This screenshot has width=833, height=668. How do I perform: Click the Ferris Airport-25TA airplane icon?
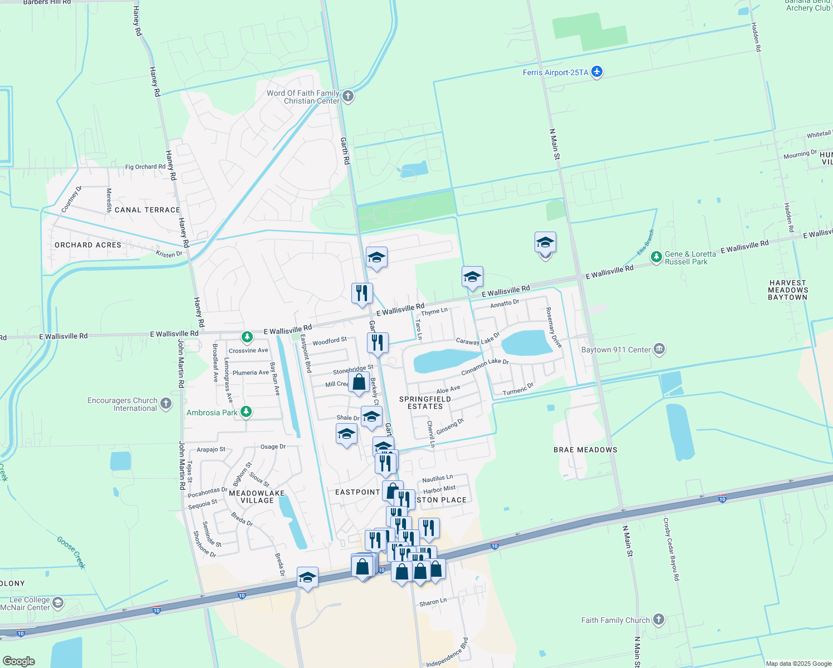tap(597, 72)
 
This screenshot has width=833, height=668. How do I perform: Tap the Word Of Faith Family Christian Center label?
tap(303, 97)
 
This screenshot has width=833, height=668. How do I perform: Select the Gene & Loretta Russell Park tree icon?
tap(656, 257)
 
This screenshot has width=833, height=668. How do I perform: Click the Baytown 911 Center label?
tap(616, 350)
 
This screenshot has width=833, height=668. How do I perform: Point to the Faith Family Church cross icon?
tap(659, 620)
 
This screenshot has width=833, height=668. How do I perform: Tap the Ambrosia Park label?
tap(212, 412)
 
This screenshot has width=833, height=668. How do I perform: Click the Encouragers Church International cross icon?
tap(166, 404)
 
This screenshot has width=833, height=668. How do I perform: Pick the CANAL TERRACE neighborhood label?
tap(147, 210)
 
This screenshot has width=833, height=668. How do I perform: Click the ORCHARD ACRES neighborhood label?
tap(88, 245)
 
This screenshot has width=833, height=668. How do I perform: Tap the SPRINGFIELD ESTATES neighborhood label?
tap(425, 402)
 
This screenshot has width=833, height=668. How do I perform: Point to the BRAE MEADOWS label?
tap(585, 450)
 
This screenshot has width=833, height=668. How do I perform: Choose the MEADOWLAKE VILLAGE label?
tap(257, 497)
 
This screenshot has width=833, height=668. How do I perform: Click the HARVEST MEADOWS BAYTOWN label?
tap(787, 290)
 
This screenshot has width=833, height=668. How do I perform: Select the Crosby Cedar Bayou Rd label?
tap(672, 549)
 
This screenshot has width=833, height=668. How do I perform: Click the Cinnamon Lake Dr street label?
tap(485, 367)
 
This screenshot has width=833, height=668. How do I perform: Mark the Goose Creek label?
tap(71, 552)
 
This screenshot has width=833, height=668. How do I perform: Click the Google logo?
tap(19, 661)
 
